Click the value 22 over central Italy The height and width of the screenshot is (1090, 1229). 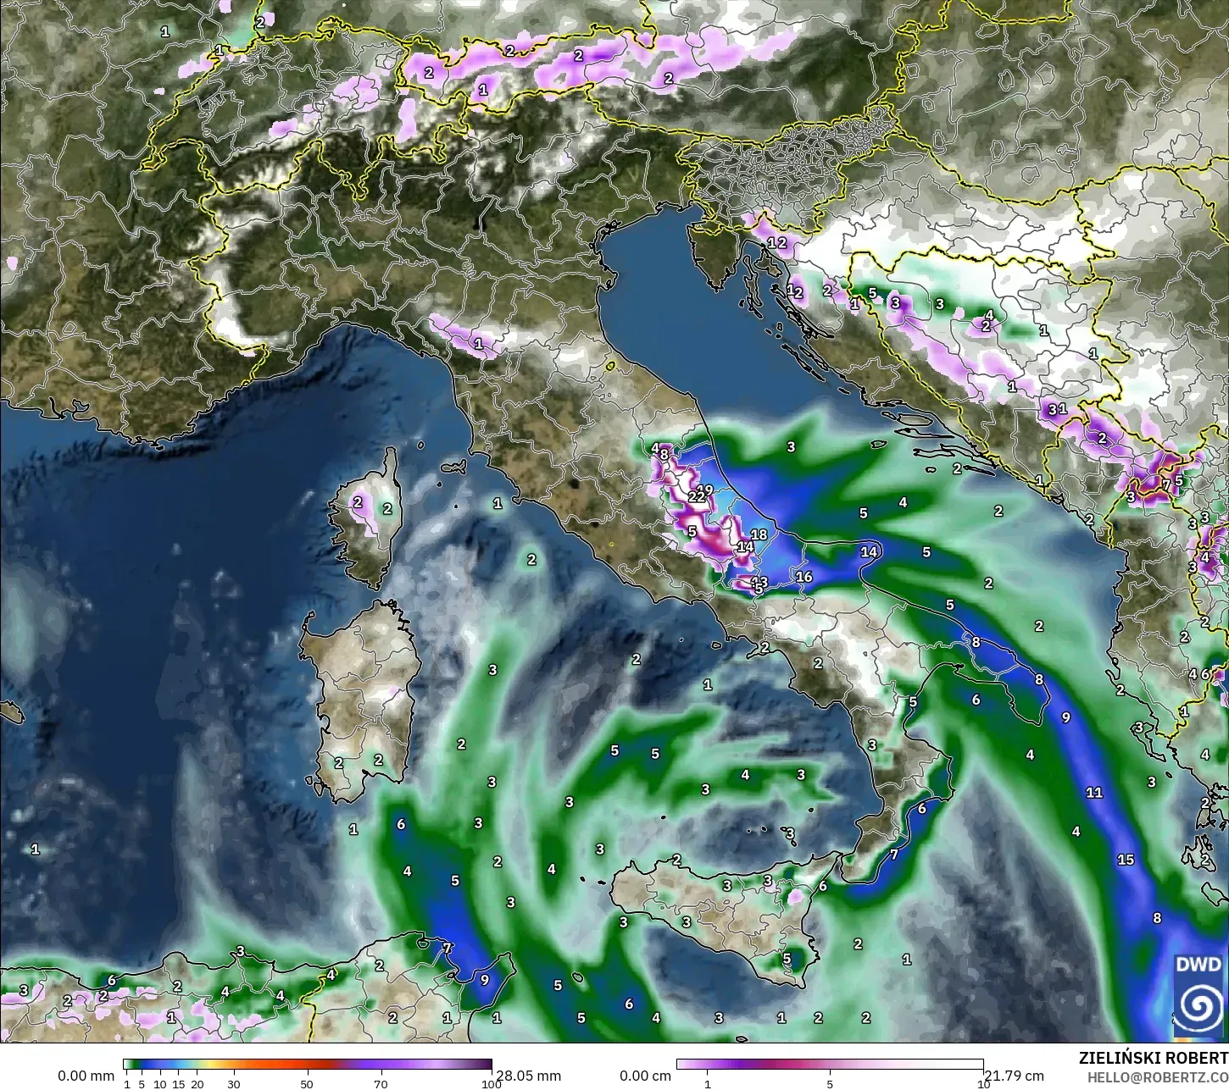click(696, 496)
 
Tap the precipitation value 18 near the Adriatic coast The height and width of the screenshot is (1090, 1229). click(759, 534)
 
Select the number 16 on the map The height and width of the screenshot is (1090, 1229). click(804, 577)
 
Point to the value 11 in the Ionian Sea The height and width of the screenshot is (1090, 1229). click(1094, 793)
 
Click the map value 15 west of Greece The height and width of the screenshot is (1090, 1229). click(1126, 860)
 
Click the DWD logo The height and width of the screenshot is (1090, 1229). click(1198, 994)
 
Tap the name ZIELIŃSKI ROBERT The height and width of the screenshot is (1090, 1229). click(1153, 1059)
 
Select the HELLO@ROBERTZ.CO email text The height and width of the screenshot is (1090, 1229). click(1158, 1076)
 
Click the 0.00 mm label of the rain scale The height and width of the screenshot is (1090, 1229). click(86, 1076)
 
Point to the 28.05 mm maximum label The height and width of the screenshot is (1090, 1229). click(528, 1076)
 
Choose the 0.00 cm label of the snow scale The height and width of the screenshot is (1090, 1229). click(645, 1076)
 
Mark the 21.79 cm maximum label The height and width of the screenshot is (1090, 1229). click(1014, 1076)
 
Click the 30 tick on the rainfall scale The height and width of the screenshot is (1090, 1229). click(234, 1084)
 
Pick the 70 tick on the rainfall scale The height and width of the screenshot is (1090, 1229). click(381, 1084)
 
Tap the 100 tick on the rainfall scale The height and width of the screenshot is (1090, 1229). click(491, 1084)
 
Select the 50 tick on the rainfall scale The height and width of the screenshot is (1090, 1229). click(307, 1084)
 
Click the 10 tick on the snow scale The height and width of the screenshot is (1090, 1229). click(983, 1084)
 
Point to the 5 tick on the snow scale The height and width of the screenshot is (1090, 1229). click(830, 1084)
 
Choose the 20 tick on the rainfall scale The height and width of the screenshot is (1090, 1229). click(197, 1084)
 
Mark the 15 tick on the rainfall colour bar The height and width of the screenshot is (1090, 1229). click(179, 1084)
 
